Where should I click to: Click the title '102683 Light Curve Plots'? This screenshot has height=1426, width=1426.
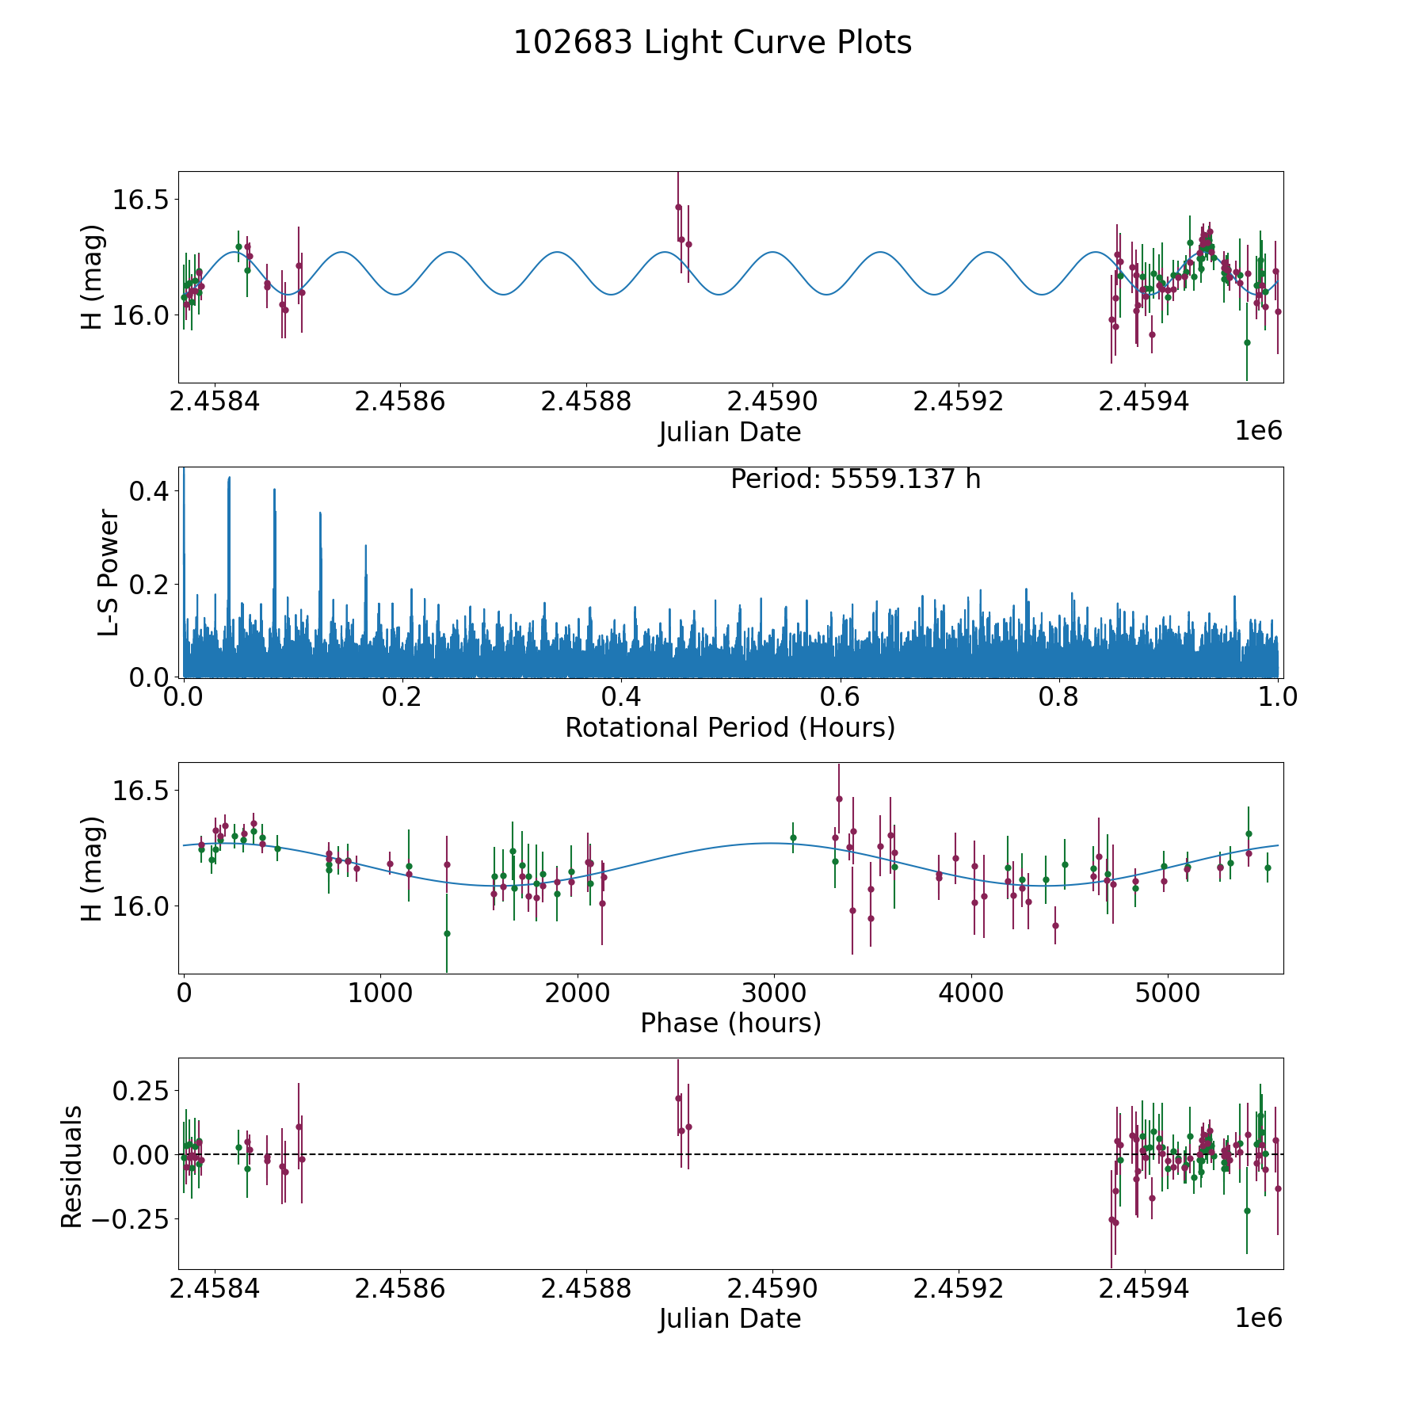coord(712,43)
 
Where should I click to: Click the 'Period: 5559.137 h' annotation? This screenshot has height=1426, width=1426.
coord(856,479)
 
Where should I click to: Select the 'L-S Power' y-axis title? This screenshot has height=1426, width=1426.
coord(109,572)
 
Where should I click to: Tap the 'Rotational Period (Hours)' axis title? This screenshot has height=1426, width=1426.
coord(730,727)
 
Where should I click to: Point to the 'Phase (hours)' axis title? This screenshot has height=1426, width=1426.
coord(730,1024)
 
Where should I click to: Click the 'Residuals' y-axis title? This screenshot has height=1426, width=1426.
coord(72,1167)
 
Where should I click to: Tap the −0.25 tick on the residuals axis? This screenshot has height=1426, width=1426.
coord(135,1218)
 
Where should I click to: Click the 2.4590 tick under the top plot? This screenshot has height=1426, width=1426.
coord(772,402)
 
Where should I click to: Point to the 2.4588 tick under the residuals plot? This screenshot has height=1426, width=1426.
coord(585,1289)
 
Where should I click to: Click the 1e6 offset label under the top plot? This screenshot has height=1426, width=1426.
coord(1258,431)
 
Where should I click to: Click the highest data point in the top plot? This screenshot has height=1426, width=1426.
coord(678,208)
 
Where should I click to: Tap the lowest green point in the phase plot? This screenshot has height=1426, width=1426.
coord(447,933)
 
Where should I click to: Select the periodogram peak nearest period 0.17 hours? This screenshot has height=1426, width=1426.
coord(366,547)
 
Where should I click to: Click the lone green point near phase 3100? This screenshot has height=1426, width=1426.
coord(793,837)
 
